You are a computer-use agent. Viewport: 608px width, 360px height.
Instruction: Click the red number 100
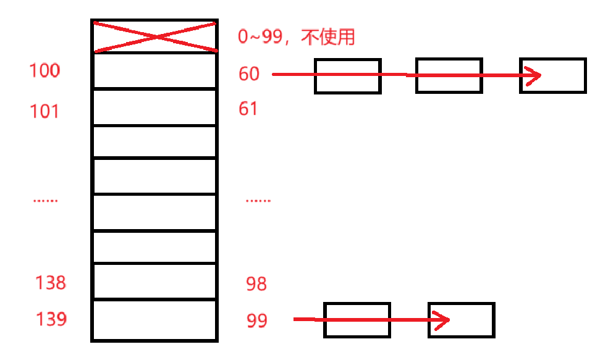pyautogui.click(x=44, y=71)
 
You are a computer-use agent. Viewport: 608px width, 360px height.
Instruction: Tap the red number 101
pyautogui.click(x=44, y=112)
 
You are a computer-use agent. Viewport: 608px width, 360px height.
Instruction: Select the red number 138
pyautogui.click(x=51, y=283)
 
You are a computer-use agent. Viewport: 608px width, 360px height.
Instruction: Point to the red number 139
pyautogui.click(x=51, y=319)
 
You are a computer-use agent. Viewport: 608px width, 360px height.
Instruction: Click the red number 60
pyautogui.click(x=249, y=74)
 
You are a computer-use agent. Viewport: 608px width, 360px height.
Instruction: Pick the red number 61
pyautogui.click(x=248, y=109)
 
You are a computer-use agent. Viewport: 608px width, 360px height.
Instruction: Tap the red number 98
pyautogui.click(x=256, y=284)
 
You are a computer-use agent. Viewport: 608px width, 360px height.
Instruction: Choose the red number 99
pyautogui.click(x=256, y=321)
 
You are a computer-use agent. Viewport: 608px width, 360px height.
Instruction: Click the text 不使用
pyautogui.click(x=329, y=38)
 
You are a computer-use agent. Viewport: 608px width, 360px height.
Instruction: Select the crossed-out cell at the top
pyautogui.click(x=154, y=36)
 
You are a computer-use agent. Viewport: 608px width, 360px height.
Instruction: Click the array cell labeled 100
pyautogui.click(x=154, y=72)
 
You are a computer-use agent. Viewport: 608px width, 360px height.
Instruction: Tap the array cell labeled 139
pyautogui.click(x=154, y=319)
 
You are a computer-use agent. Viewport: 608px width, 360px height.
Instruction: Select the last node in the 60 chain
pyautogui.click(x=552, y=76)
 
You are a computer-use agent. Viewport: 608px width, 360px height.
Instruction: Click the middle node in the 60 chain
pyautogui.click(x=449, y=76)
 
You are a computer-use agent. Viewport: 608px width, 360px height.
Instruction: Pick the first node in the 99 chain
pyautogui.click(x=357, y=320)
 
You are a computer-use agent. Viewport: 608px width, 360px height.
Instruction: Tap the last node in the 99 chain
pyautogui.click(x=461, y=320)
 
